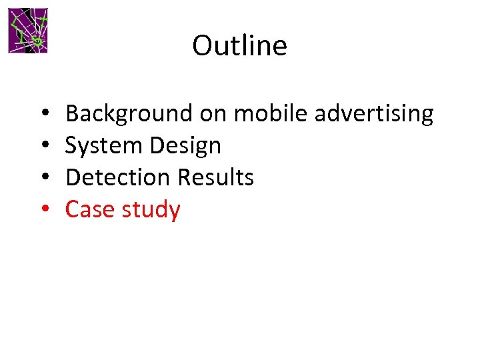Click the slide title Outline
pos(239,46)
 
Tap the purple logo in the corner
pos(28,31)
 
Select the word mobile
pos(271,113)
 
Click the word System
pos(98,146)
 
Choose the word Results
pos(215,177)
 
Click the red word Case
pos(91,210)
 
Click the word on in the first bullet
pos(213,115)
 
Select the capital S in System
pos(72,146)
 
